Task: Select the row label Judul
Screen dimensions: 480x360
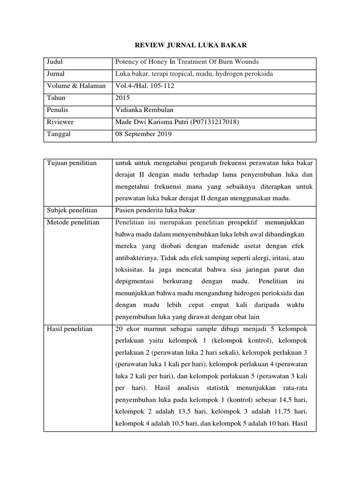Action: (x=54, y=62)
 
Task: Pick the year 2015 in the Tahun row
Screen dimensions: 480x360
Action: (x=122, y=98)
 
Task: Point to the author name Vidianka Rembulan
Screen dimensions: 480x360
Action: (x=144, y=110)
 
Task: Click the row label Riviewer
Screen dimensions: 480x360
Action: (x=60, y=122)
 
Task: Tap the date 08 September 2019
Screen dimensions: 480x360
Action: (x=143, y=134)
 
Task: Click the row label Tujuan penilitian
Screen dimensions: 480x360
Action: (x=72, y=163)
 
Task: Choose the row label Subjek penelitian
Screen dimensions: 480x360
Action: (x=72, y=210)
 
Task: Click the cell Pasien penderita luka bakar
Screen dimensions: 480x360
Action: (x=156, y=210)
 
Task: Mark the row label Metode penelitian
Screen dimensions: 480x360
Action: (x=73, y=222)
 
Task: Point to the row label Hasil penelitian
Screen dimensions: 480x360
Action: (x=70, y=329)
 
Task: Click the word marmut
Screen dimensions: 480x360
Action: (x=153, y=329)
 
